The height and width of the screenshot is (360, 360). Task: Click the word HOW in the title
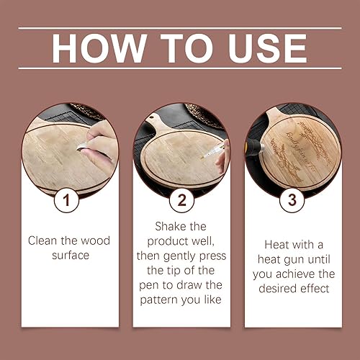point(99,48)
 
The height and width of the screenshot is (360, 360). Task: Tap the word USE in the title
point(268,48)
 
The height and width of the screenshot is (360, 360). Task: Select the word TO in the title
point(186,48)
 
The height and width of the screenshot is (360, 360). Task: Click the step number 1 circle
point(66,200)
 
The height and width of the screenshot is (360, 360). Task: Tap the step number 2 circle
point(181,200)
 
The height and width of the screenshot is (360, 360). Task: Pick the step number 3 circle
point(292,200)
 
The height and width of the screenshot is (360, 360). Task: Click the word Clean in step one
point(42,240)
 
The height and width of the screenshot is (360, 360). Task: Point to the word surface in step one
point(71,255)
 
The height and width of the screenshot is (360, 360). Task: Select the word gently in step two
point(180,256)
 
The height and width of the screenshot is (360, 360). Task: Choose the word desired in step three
point(277,288)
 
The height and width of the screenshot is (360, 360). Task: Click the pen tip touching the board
point(202,158)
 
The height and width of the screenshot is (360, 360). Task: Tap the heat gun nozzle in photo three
point(261,147)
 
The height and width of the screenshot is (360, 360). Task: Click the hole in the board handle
point(151,117)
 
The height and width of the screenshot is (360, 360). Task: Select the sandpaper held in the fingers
point(82,147)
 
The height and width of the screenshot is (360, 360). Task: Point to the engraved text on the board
point(301,150)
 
